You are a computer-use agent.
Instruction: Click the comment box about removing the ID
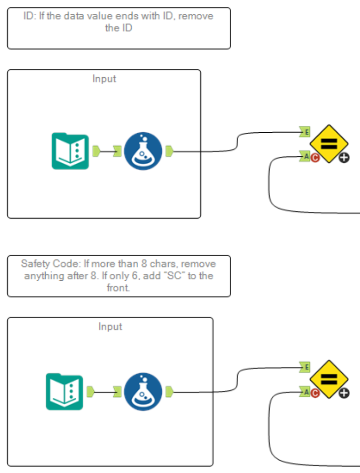(x=119, y=28)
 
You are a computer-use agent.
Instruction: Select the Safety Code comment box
(x=119, y=276)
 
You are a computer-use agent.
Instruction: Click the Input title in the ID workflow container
(x=104, y=79)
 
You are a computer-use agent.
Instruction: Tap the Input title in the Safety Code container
(x=110, y=326)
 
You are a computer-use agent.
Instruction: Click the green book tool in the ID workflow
(x=70, y=151)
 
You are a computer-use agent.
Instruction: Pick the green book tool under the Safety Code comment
(x=64, y=392)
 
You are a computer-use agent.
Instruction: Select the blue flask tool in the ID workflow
(x=143, y=151)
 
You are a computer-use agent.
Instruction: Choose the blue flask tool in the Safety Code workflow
(x=143, y=392)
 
